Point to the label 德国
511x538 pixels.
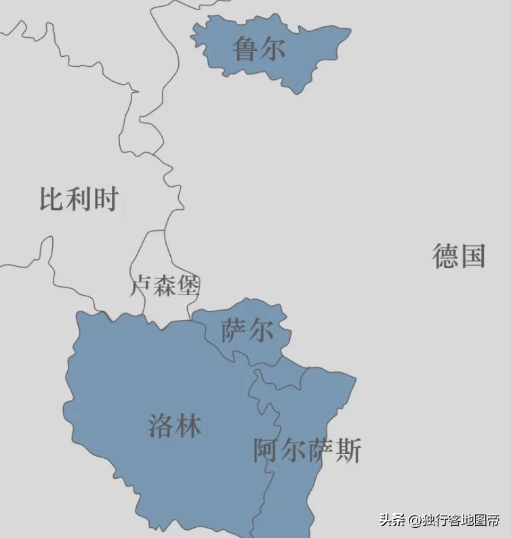459,256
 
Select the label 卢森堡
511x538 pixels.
165,286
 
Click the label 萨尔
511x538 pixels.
248,331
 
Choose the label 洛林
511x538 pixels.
175,426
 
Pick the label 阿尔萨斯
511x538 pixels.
308,451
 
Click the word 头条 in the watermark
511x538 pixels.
392,520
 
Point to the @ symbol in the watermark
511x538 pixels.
414,520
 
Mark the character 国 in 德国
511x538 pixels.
472,256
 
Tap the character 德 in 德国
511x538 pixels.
445,256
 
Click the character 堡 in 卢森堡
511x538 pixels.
188,286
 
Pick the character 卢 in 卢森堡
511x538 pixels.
142,286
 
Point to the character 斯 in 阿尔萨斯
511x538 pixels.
348,451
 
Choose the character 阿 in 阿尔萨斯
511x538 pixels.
266,451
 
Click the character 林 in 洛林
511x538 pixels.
188,426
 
